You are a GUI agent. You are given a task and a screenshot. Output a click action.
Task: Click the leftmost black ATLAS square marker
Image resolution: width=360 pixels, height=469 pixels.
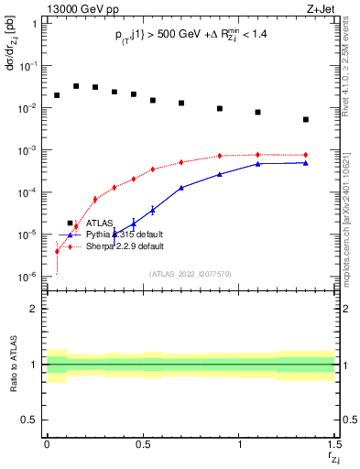point(57,94)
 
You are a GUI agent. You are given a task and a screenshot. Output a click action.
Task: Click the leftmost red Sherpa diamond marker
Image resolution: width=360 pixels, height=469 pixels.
point(57,251)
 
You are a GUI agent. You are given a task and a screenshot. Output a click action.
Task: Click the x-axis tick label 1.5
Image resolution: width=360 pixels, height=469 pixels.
point(333,443)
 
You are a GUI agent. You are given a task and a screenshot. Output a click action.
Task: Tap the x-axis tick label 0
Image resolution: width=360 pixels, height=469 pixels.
point(47,443)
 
